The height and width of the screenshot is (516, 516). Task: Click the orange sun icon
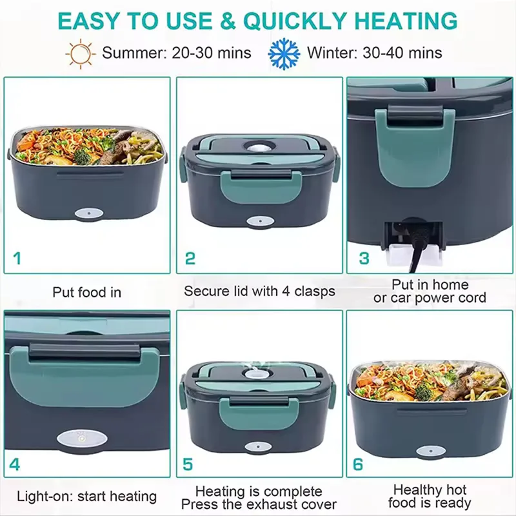(x=81, y=54)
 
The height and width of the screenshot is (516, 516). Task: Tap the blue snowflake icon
(x=284, y=54)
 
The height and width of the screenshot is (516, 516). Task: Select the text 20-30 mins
(x=212, y=53)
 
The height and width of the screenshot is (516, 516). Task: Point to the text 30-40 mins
(x=402, y=53)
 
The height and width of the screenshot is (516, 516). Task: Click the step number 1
(x=17, y=258)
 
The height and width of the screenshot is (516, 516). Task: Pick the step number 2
(x=190, y=259)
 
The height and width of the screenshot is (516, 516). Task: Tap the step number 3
(x=364, y=259)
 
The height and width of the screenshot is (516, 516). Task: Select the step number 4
(x=15, y=464)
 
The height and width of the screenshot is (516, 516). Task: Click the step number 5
(x=188, y=464)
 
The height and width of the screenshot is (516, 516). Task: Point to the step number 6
(x=358, y=464)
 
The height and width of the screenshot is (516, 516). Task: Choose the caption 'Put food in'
(x=87, y=292)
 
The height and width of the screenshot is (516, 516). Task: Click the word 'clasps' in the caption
(x=315, y=292)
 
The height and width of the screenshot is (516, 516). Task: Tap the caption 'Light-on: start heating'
(x=87, y=497)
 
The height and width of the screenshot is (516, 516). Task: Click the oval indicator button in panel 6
(x=431, y=451)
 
